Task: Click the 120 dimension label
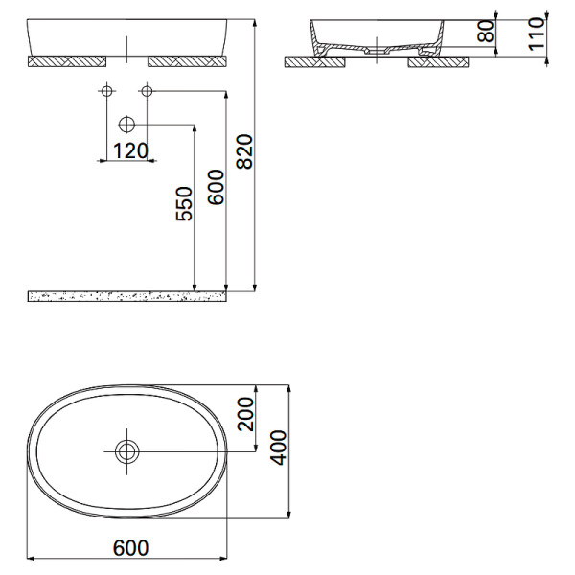pyautogui.click(x=129, y=150)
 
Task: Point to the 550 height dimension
pyautogui.click(x=185, y=204)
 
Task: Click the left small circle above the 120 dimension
pyautogui.click(x=106, y=92)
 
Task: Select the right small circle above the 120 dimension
pyautogui.click(x=147, y=92)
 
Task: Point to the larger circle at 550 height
pyautogui.click(x=126, y=125)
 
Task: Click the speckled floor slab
pyautogui.click(x=126, y=296)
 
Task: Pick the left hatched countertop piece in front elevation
pyautogui.click(x=67, y=61)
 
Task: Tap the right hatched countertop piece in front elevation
pyautogui.click(x=187, y=61)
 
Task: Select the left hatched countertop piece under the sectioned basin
pyautogui.click(x=316, y=61)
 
